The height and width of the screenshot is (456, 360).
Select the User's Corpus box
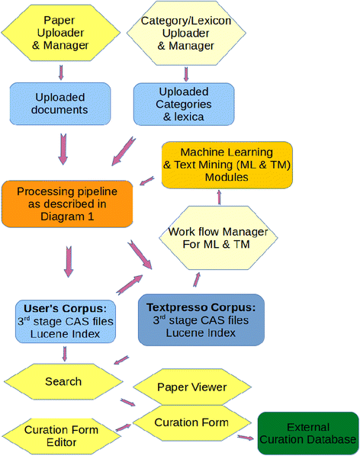[66, 320]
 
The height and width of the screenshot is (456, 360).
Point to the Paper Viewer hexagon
[191, 387]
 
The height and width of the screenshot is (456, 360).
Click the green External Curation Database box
[309, 433]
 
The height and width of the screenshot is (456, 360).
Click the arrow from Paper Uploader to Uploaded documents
[61, 72]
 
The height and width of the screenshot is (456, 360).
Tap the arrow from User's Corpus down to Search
[65, 353]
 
